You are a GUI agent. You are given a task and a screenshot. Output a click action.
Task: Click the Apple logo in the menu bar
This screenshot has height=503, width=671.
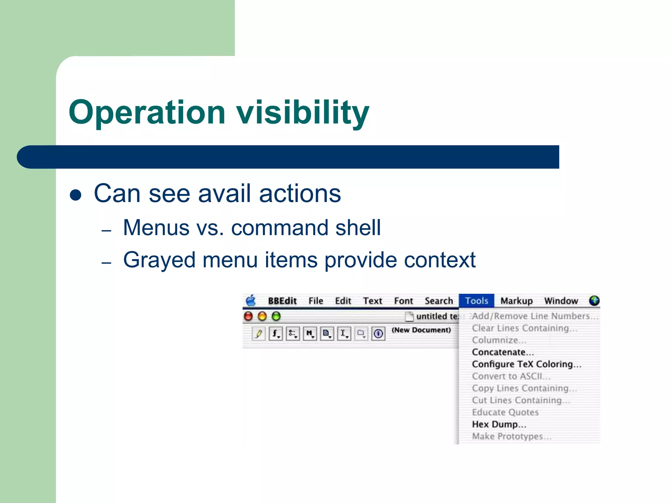(x=251, y=301)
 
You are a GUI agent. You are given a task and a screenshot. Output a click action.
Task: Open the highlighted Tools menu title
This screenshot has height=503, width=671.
(x=476, y=301)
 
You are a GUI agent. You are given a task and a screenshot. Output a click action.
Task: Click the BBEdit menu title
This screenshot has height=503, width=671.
(x=282, y=301)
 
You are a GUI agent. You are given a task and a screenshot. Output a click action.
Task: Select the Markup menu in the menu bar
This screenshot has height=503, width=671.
(x=516, y=301)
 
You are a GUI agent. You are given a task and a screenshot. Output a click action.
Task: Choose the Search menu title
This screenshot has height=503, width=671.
(x=439, y=301)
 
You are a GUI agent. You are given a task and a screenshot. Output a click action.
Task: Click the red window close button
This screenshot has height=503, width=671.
(x=249, y=316)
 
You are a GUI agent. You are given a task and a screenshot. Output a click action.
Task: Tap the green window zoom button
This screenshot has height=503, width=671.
(x=277, y=316)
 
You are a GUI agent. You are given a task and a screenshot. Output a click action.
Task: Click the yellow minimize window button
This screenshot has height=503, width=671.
(x=262, y=316)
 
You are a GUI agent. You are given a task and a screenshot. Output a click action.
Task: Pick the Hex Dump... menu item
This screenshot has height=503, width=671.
(x=499, y=424)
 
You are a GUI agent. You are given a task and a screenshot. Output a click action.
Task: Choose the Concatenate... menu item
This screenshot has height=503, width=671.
(x=503, y=352)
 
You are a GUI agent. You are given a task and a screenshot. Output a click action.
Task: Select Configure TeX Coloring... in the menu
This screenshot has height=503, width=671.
(x=526, y=364)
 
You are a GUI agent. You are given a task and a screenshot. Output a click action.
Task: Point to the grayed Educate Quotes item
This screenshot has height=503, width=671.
(x=505, y=412)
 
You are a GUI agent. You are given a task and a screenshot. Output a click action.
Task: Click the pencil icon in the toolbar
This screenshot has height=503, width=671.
(x=259, y=334)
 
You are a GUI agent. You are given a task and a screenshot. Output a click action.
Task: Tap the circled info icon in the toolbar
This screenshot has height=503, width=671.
(x=378, y=334)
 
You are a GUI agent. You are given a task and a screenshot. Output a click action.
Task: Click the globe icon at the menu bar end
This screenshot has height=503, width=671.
(x=594, y=301)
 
